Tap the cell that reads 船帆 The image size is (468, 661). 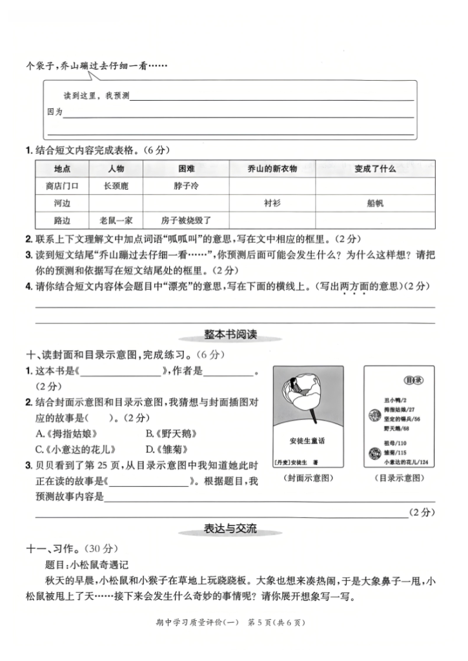click(374, 203)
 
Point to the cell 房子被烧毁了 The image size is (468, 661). click(192, 220)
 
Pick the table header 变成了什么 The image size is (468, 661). click(374, 168)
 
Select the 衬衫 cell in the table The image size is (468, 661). click(272, 203)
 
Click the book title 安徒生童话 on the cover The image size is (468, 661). click(307, 442)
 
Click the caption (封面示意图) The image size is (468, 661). click(307, 478)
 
